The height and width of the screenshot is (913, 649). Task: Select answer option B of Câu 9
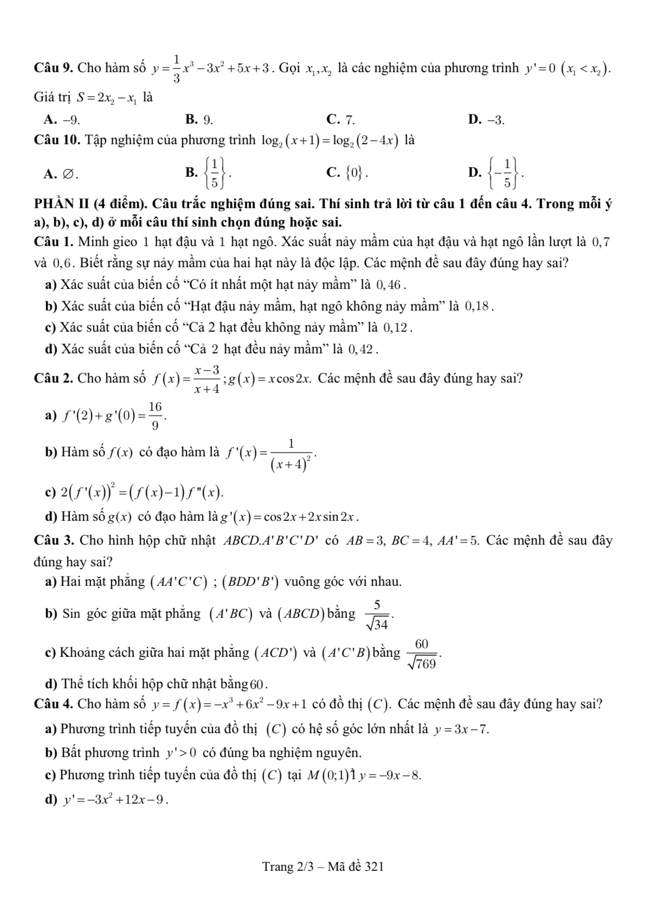point(199,119)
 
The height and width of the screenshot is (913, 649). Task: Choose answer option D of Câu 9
point(486,119)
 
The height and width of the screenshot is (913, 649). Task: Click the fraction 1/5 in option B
point(215,173)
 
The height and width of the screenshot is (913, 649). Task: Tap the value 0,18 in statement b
point(477,306)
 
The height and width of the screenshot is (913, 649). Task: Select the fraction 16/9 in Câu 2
point(155,415)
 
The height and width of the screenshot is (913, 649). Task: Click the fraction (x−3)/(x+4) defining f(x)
point(207,379)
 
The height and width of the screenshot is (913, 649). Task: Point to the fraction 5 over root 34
point(377,615)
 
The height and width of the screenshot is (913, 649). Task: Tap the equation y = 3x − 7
point(461,729)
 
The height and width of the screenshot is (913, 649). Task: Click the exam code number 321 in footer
point(374,866)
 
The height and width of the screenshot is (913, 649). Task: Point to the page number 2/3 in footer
point(305,866)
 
